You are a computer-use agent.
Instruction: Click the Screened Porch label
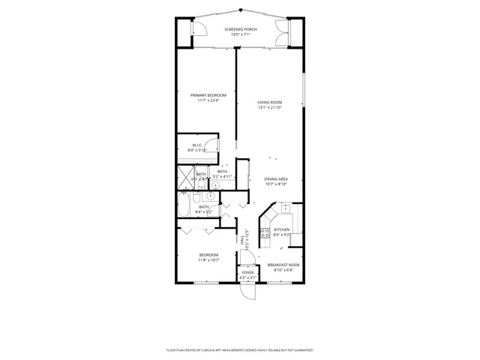tap(240, 29)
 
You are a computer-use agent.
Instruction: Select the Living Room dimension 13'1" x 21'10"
tap(270, 108)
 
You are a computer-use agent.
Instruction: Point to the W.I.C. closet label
tap(196, 145)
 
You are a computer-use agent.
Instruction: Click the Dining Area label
tap(276, 178)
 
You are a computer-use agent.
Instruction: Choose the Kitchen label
tap(281, 230)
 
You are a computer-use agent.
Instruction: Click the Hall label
tap(242, 241)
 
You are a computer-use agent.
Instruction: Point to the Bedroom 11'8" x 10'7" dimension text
tap(208, 260)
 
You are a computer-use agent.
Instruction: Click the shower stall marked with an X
tap(184, 178)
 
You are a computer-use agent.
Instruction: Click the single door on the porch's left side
tap(198, 28)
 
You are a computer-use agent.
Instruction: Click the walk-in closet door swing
tap(213, 146)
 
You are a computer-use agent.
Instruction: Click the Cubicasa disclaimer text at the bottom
tap(240, 350)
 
